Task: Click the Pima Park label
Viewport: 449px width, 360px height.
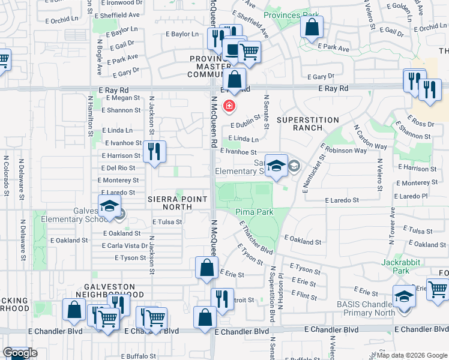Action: [255, 212]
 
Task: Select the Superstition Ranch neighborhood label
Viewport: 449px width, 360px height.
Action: [308, 124]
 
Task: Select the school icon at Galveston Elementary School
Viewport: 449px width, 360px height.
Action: [110, 207]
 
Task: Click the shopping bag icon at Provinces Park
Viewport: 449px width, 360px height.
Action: [312, 27]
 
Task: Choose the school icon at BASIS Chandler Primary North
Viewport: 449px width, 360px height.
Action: [403, 296]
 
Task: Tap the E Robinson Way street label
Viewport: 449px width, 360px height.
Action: [343, 148]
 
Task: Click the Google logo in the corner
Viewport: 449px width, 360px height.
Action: [19, 353]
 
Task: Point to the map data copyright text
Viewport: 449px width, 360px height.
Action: [411, 355]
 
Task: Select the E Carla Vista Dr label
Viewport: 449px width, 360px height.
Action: [125, 245]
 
